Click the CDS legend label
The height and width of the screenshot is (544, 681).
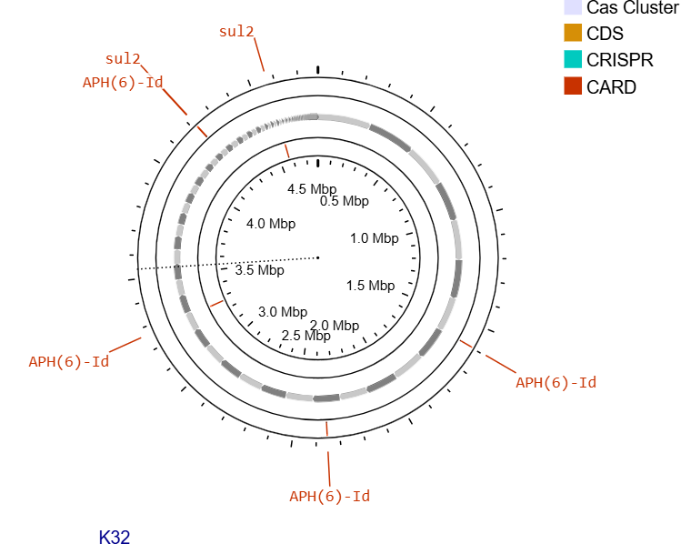click(x=605, y=34)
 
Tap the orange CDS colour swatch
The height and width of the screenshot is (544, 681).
click(x=573, y=33)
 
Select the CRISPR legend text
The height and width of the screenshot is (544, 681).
click(x=620, y=60)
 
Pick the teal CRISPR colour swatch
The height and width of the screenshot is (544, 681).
click(x=573, y=59)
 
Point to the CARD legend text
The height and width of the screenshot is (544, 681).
click(x=611, y=87)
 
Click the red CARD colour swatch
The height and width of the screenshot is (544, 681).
click(x=573, y=86)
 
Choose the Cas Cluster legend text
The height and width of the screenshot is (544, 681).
click(x=633, y=7)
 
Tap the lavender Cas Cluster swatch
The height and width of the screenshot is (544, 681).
click(x=573, y=7)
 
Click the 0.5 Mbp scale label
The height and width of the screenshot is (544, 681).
click(x=345, y=201)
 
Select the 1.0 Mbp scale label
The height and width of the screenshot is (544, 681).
click(x=375, y=238)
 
